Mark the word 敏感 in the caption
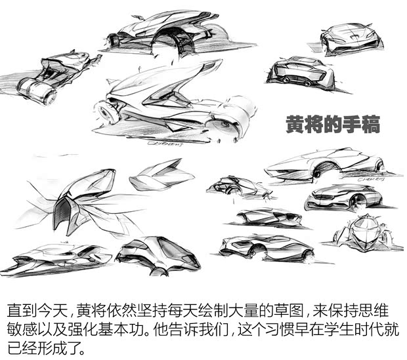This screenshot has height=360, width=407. (x=22, y=327)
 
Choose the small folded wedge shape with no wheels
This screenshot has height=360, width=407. (x=161, y=174)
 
